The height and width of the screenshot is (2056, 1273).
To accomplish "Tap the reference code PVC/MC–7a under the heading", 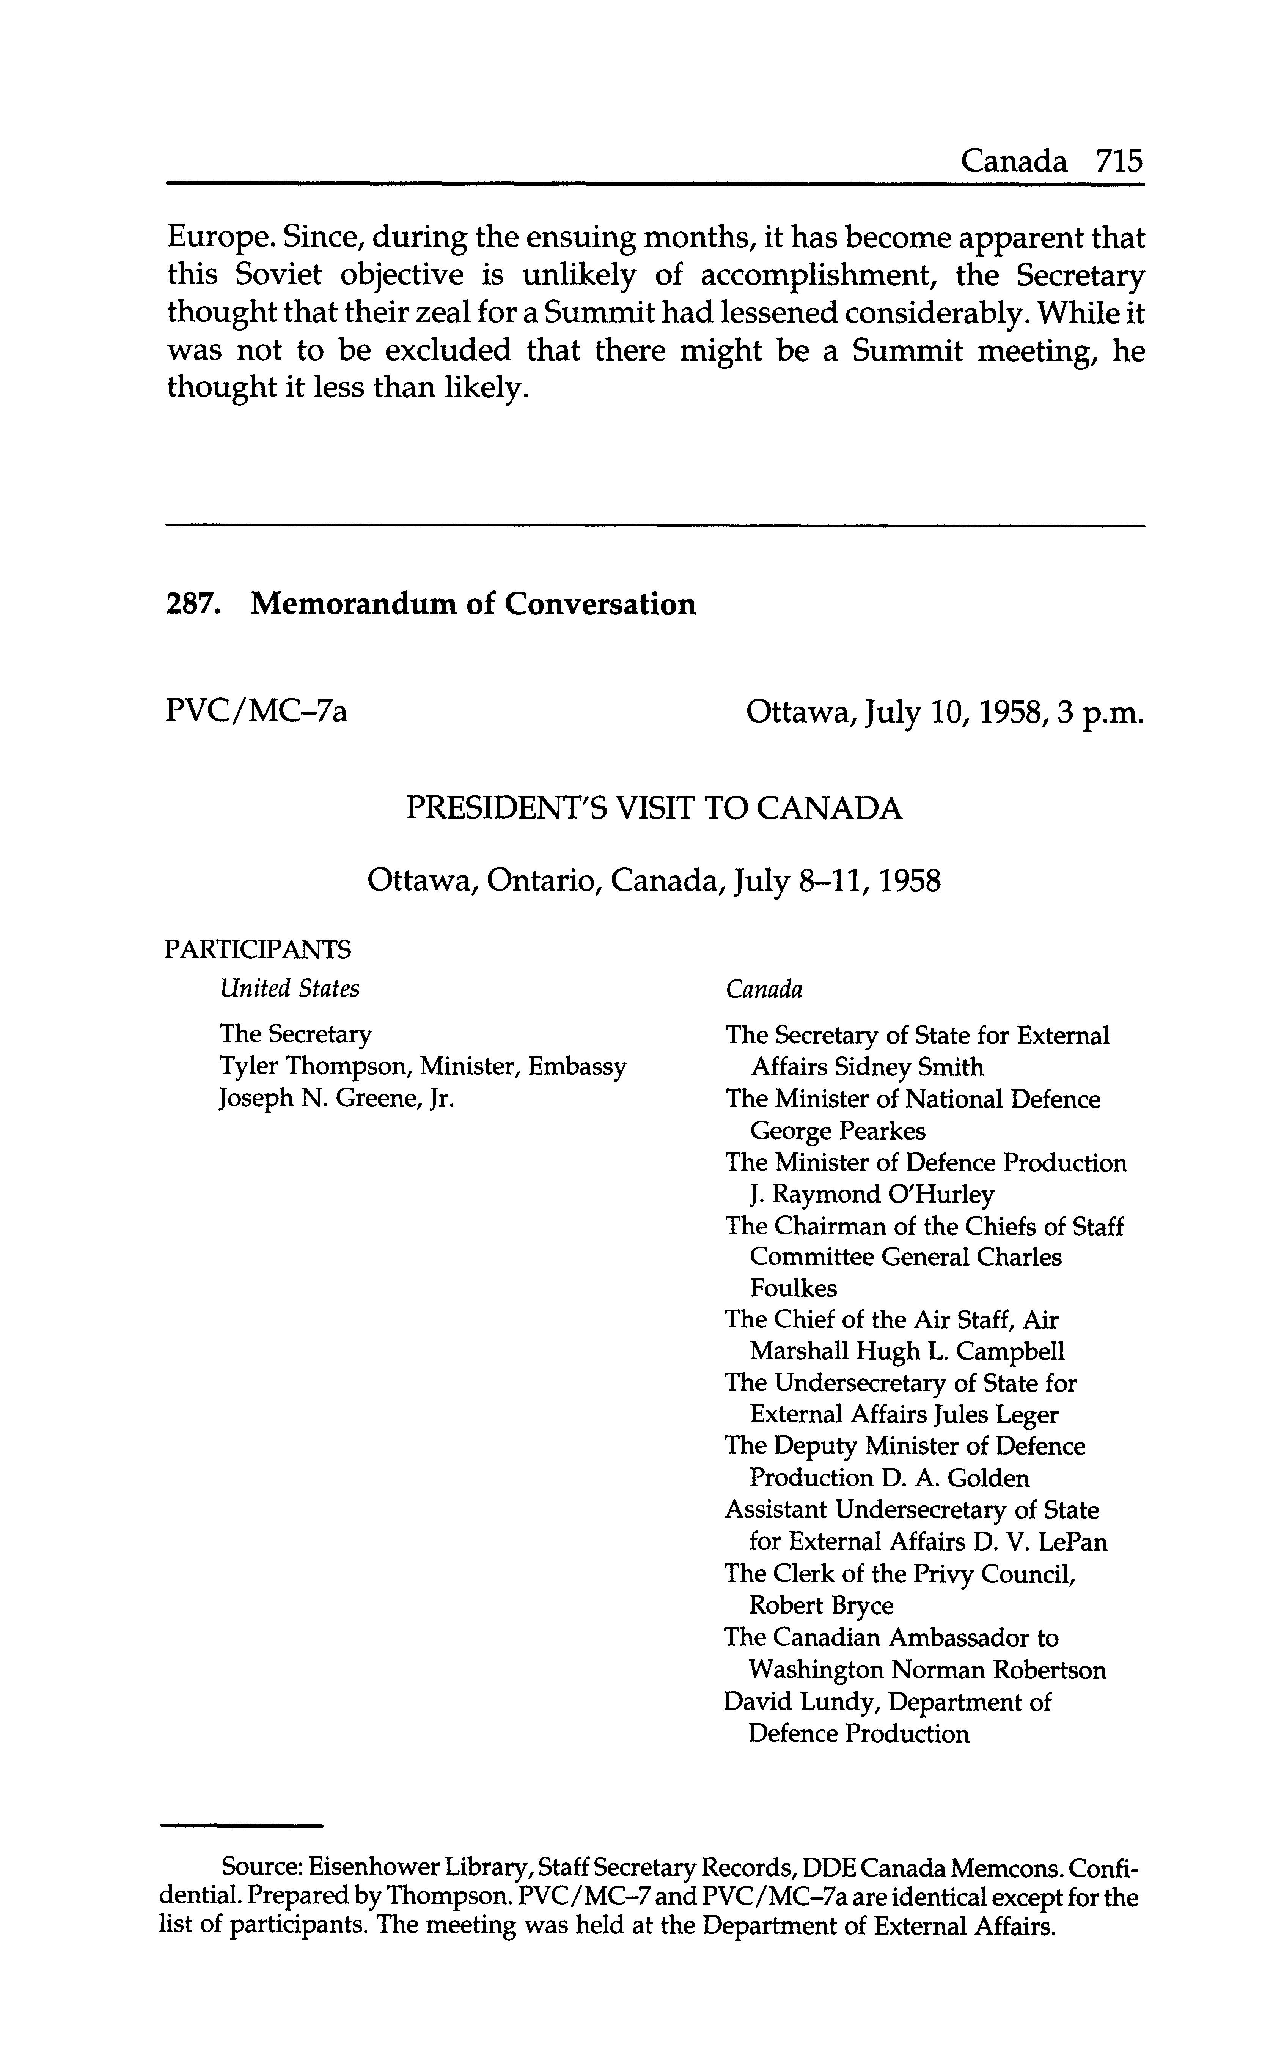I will click(x=257, y=713).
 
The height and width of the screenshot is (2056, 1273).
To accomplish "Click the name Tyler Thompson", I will click(x=314, y=1067).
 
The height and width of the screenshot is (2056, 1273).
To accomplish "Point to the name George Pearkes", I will click(x=838, y=1131).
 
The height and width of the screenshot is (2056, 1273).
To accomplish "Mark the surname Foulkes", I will click(x=793, y=1289).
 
